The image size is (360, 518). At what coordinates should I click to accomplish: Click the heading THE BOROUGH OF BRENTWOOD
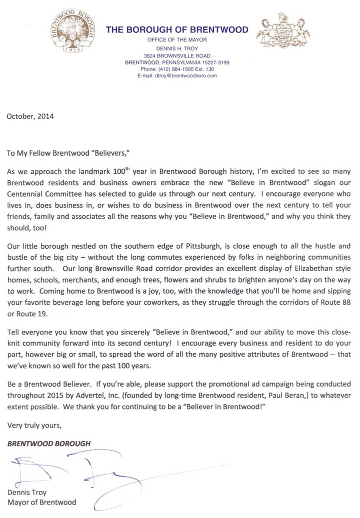click(x=176, y=30)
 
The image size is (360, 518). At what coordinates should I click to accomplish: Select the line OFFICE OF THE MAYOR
click(x=176, y=39)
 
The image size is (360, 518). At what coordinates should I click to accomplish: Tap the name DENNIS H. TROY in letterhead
click(x=176, y=47)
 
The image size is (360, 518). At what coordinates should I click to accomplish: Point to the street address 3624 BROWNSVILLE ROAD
click(x=176, y=55)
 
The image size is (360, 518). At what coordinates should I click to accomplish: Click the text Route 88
click(x=337, y=301)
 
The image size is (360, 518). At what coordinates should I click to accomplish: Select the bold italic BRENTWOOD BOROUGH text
click(x=48, y=443)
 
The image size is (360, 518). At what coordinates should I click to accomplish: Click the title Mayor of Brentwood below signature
click(x=41, y=502)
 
